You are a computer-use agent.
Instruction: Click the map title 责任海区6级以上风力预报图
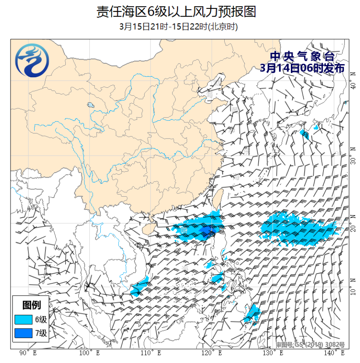tap(176, 12)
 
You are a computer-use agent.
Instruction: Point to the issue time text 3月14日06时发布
tap(302, 68)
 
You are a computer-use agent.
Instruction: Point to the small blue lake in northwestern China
tap(90, 105)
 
